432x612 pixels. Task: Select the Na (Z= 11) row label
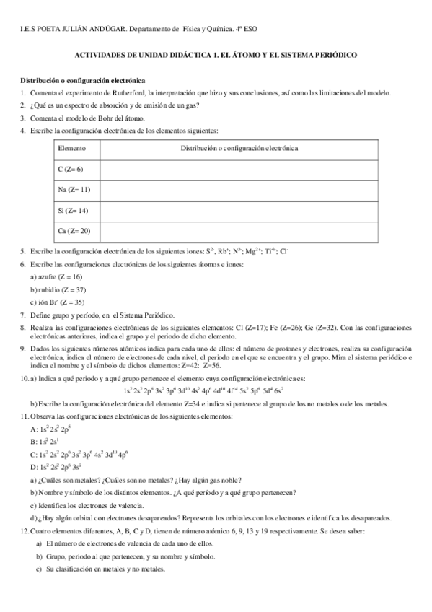[74, 190]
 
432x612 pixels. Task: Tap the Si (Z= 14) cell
[72, 211]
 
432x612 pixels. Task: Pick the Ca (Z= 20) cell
[74, 231]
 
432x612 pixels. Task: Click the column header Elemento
[71, 148]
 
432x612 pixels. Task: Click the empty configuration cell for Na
[239, 190]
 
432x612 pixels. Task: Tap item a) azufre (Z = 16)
[56, 277]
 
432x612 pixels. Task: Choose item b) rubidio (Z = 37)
[57, 289]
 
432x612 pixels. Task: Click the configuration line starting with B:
[41, 442]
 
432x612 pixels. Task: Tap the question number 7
[24, 315]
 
